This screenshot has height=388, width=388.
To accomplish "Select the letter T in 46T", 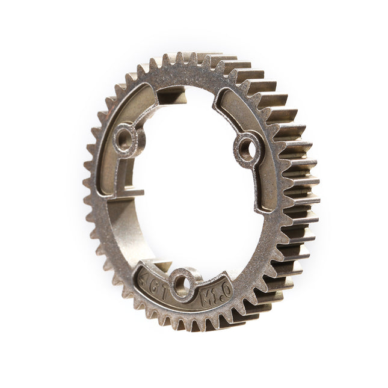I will point(161,286).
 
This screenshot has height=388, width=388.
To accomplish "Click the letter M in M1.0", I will point(206,298).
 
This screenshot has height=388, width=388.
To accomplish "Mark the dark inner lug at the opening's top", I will point(171,95).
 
